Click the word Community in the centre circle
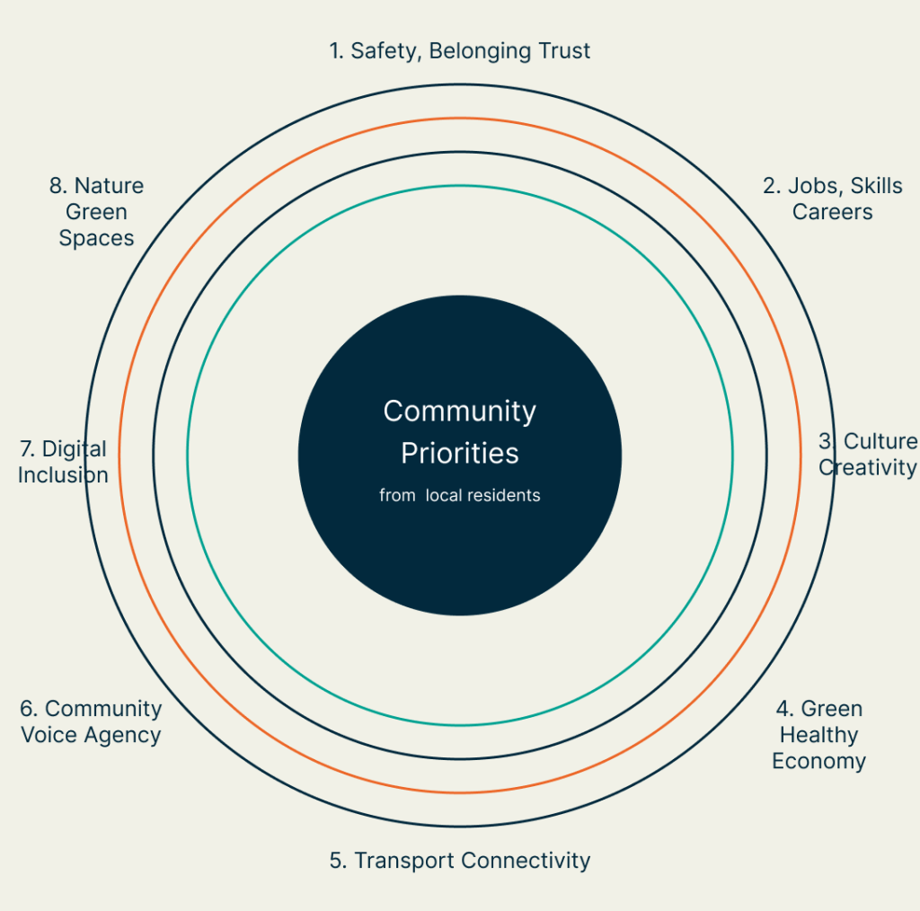click(x=459, y=411)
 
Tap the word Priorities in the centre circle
click(x=459, y=454)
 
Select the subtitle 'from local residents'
click(x=459, y=495)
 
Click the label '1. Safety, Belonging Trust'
click(x=459, y=50)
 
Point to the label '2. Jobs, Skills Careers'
click(x=832, y=199)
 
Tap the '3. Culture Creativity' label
click(x=867, y=455)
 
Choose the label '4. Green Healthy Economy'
click(x=818, y=735)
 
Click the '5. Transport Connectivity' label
click(x=459, y=861)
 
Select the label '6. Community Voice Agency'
click(x=91, y=721)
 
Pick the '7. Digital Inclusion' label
click(x=63, y=462)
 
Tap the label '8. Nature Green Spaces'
click(x=96, y=212)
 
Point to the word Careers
click(x=832, y=212)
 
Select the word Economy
click(x=818, y=762)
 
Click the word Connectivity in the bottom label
click(x=526, y=861)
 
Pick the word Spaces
click(x=96, y=238)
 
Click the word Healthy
click(x=818, y=735)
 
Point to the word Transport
click(x=404, y=861)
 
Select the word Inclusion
click(x=63, y=475)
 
